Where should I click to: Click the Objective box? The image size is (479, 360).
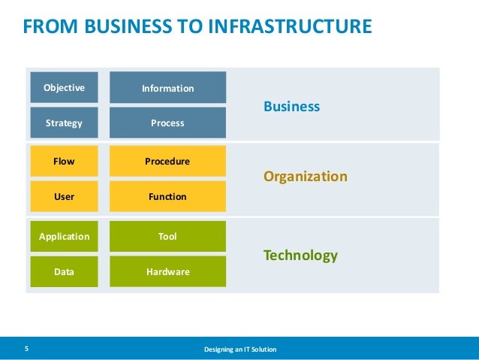point(64,87)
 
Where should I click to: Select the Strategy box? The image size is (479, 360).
point(64,123)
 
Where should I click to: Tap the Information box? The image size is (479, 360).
point(167,88)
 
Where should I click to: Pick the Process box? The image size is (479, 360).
point(167,123)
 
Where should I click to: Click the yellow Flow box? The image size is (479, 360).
point(64,161)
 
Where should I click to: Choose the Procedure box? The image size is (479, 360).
point(167,161)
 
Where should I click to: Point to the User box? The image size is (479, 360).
point(64,196)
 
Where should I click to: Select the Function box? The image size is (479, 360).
point(167,196)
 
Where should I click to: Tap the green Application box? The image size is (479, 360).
point(64,236)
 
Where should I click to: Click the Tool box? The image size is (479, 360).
point(167,236)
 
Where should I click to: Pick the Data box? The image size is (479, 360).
point(64,271)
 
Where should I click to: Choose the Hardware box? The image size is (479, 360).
point(167,271)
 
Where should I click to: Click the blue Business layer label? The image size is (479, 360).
point(291,107)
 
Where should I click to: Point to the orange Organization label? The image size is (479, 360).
point(305,177)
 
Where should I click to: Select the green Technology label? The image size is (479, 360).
point(300,256)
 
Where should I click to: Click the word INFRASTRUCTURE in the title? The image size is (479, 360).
point(289,27)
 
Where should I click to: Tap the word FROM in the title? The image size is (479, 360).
point(44,27)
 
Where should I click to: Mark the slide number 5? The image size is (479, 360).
point(26,349)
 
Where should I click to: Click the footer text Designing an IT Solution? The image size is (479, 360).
point(240,349)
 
